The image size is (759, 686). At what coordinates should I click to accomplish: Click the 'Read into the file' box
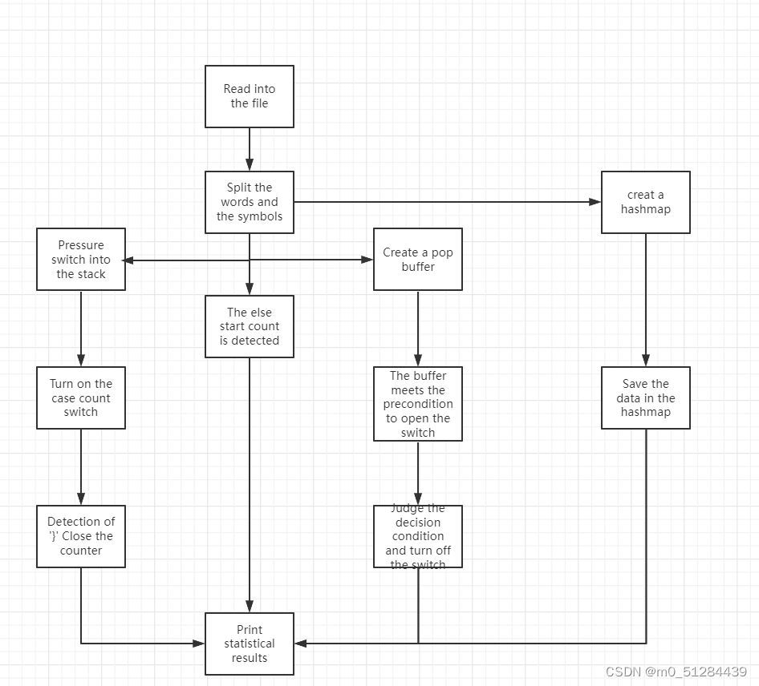(x=250, y=96)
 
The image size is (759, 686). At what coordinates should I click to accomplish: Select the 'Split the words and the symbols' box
(x=250, y=202)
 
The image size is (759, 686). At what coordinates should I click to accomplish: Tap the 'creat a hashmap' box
(x=646, y=202)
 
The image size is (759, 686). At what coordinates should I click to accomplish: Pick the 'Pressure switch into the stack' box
(x=81, y=260)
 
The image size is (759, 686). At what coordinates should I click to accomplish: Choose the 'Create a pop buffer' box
(x=418, y=260)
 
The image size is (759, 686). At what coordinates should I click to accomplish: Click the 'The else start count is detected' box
(x=250, y=326)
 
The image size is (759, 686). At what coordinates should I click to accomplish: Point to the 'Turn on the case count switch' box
(x=81, y=397)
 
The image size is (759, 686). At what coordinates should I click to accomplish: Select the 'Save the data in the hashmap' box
(x=646, y=397)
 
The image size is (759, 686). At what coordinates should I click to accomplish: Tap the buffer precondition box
(x=418, y=404)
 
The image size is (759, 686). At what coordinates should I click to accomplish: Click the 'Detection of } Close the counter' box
(x=81, y=536)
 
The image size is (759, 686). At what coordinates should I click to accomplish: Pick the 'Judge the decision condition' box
(x=418, y=536)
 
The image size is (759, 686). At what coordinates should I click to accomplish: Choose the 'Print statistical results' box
(x=250, y=644)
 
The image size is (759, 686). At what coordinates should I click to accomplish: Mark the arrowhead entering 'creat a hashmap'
(x=596, y=202)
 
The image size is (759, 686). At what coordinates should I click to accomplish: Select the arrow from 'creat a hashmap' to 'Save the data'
(x=646, y=300)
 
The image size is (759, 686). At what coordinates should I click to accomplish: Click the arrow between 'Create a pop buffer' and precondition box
(x=418, y=329)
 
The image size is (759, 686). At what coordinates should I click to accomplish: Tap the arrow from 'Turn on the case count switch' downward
(x=81, y=466)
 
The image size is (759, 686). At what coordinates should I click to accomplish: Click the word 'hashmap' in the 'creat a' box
(x=646, y=209)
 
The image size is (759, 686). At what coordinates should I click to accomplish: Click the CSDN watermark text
(x=676, y=672)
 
